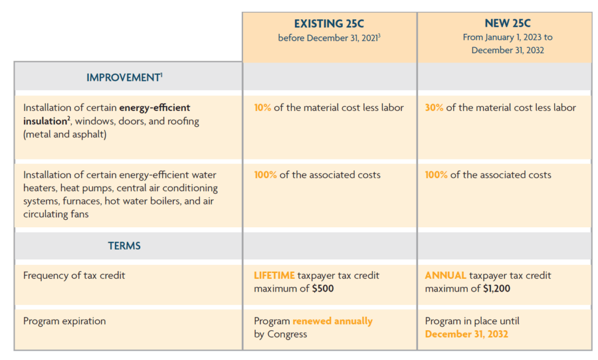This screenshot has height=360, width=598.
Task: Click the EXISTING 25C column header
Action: click(x=329, y=24)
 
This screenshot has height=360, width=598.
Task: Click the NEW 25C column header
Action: click(x=507, y=24)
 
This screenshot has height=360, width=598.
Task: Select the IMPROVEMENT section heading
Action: click(x=123, y=77)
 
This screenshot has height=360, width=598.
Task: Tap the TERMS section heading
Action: click(x=124, y=245)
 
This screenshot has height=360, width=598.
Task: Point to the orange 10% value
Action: click(x=262, y=108)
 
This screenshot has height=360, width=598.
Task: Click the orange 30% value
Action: click(x=434, y=108)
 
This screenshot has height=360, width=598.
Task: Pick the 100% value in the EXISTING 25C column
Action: click(x=265, y=175)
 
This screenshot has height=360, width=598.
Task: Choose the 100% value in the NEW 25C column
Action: click(x=436, y=175)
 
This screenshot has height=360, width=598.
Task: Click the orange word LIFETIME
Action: click(x=274, y=275)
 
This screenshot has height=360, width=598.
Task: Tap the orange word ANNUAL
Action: click(x=445, y=275)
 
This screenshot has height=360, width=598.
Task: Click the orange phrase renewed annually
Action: click(x=332, y=321)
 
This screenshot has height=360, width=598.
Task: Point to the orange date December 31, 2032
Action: click(x=467, y=334)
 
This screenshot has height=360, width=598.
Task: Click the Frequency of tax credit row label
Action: click(x=74, y=275)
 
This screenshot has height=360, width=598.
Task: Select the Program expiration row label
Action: click(x=65, y=321)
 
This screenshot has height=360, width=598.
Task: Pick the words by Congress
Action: click(x=280, y=334)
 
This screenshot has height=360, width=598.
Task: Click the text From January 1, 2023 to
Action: click(x=507, y=37)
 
